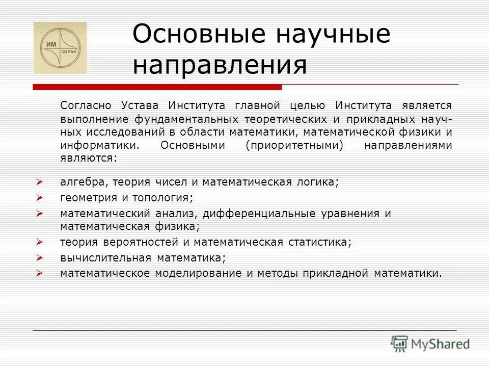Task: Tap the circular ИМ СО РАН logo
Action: click(x=60, y=48)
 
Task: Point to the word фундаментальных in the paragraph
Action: click(x=187, y=119)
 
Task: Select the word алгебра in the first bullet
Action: click(x=81, y=182)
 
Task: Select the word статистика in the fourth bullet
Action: click(x=320, y=242)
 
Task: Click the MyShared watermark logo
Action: click(x=430, y=343)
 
